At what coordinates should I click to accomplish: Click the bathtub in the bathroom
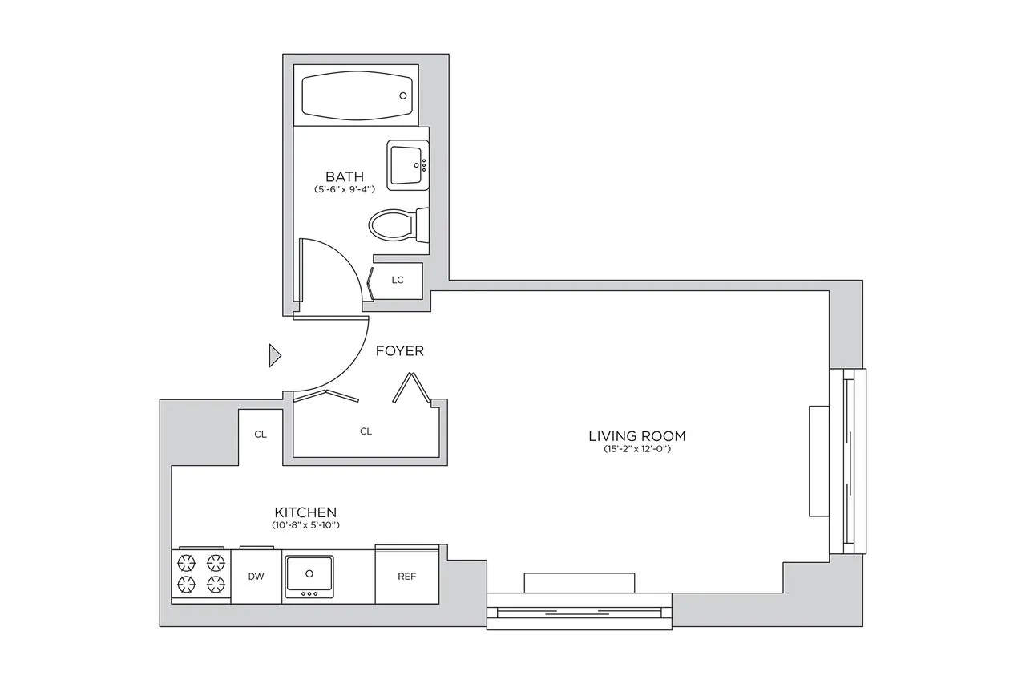coord(357,95)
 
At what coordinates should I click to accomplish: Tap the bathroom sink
coord(408,165)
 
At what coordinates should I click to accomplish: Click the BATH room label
coord(344,176)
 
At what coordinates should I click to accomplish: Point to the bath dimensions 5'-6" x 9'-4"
coord(344,190)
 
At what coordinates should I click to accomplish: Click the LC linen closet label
coord(397,281)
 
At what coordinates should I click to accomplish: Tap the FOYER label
coord(399,351)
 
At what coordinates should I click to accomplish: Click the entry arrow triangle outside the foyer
coord(274,355)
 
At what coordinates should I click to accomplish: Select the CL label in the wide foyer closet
coord(366,431)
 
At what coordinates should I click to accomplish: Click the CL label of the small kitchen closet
coord(260,435)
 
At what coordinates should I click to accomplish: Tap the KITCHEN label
coord(305,512)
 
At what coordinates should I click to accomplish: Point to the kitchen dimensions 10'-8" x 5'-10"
coord(305,525)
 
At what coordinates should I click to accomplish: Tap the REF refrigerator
coord(407,577)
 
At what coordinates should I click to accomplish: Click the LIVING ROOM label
coord(636,436)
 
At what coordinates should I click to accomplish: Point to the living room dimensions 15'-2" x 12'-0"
coord(636,450)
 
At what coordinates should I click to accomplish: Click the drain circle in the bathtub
coord(403,95)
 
